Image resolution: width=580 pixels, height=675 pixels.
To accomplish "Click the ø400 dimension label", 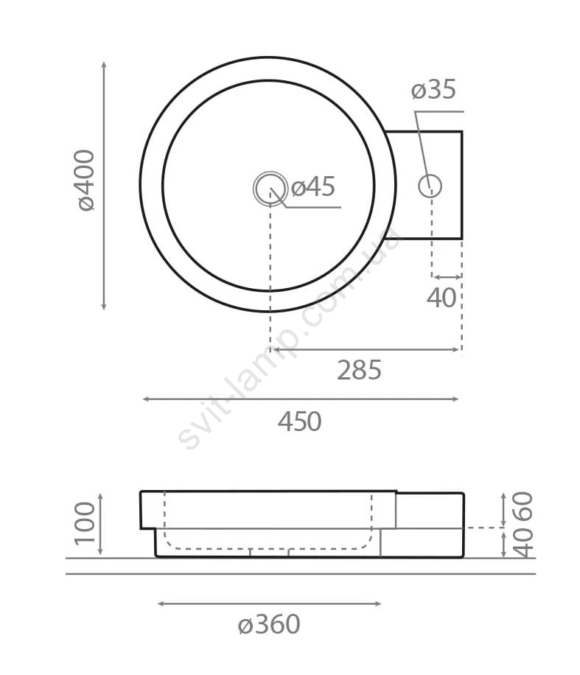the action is pos(85,180).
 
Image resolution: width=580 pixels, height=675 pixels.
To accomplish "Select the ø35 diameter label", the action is pos(433,90).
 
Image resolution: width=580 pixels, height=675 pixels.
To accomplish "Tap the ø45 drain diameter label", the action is pos(313,187).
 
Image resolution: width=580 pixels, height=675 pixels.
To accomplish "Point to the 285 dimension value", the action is pos(359,370).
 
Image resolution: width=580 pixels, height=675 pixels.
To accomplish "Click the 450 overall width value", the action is pos(300,422).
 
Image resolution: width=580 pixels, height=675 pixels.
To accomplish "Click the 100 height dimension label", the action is pos(85,523).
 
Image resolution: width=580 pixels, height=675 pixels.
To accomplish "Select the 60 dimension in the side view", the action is pos(523,506).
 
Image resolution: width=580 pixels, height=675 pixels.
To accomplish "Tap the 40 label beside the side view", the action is pos(523,543).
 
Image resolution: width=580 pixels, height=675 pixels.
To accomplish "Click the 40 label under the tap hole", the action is pos(441,298).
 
